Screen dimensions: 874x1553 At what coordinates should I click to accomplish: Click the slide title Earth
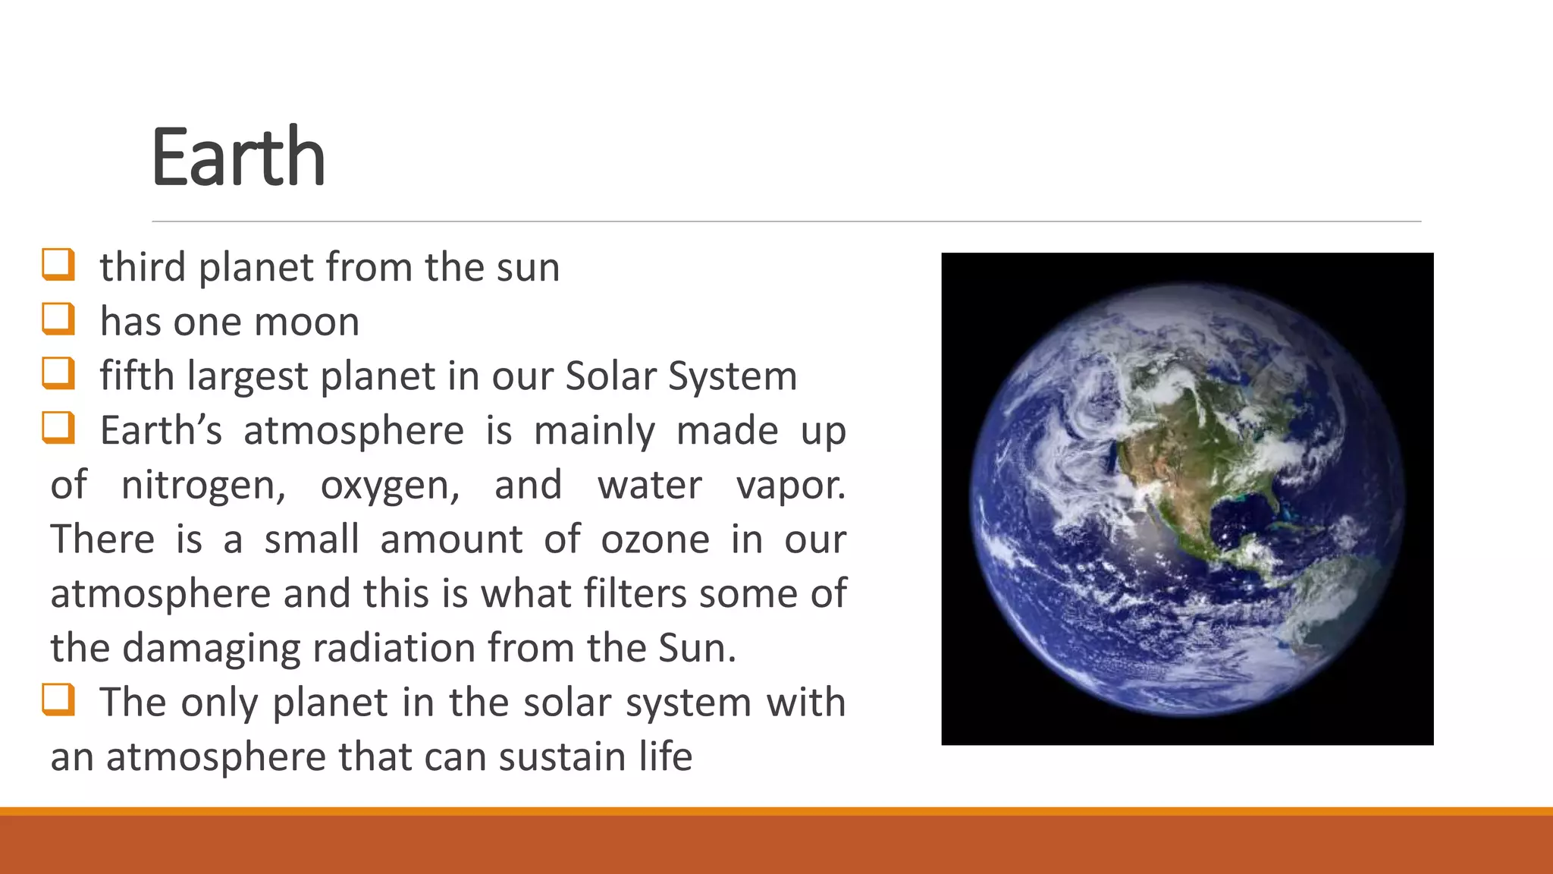click(x=238, y=157)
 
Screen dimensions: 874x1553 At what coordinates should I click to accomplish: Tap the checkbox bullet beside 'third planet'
click(x=58, y=265)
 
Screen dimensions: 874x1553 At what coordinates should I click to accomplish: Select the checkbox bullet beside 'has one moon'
click(x=58, y=319)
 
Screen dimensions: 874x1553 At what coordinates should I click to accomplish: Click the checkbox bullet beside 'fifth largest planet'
click(x=58, y=374)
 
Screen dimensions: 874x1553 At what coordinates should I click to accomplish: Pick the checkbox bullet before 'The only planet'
click(x=58, y=700)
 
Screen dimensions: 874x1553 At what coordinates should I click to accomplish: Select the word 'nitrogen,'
click(x=203, y=486)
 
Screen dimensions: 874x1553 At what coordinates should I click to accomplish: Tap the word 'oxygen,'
click(x=390, y=486)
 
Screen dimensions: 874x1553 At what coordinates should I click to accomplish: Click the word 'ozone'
click(x=655, y=539)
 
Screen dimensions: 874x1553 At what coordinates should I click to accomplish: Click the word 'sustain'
click(x=563, y=757)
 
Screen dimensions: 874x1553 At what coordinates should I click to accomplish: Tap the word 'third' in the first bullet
click(x=143, y=267)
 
